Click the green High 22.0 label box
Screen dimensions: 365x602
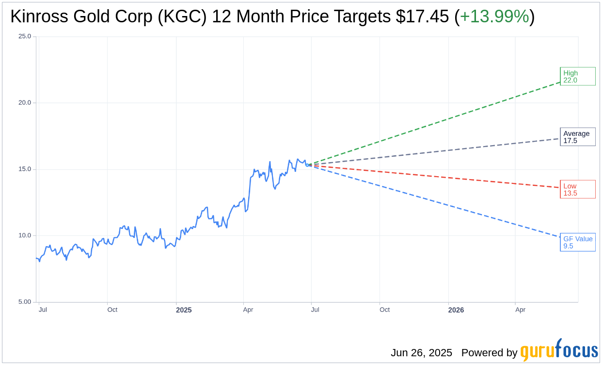[x=577, y=76]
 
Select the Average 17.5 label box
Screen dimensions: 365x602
[x=577, y=137]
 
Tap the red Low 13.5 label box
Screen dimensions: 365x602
[x=577, y=189]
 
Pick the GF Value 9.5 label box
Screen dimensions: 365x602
[x=577, y=242]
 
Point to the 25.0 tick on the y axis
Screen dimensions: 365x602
[x=25, y=36]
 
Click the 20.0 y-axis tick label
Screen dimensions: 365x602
[x=25, y=102]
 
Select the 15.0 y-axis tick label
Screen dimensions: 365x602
[x=25, y=169]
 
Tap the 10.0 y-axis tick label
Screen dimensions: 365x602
[x=25, y=235]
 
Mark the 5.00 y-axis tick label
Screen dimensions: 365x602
[x=25, y=302]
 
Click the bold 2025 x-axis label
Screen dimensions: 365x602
[x=184, y=310]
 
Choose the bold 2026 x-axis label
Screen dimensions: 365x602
[x=456, y=310]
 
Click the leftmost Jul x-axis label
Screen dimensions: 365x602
[x=43, y=310]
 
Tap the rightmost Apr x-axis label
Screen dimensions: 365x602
[x=520, y=310]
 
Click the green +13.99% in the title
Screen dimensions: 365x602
[x=494, y=17]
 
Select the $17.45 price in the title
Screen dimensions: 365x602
[x=422, y=17]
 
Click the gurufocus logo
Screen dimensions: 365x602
[x=559, y=350]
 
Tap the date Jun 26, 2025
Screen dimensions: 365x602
[x=421, y=353]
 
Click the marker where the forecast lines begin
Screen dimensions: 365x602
[x=308, y=165]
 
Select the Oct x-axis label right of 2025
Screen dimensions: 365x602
[x=384, y=310]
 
